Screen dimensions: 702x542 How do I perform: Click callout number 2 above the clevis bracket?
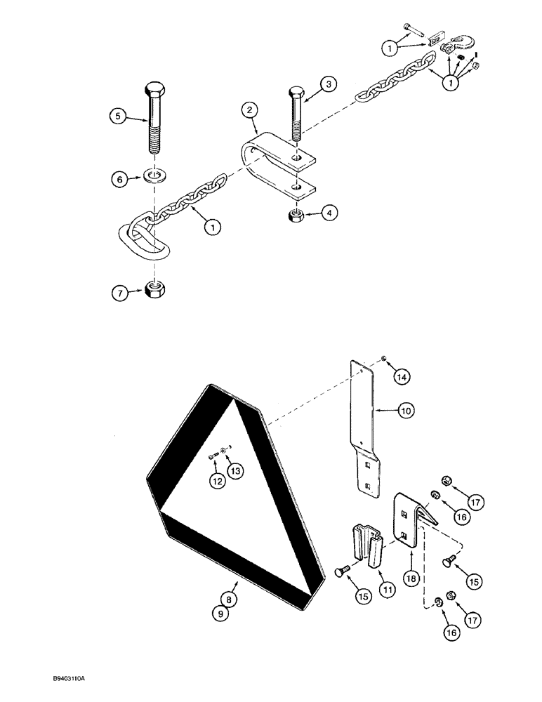point(248,110)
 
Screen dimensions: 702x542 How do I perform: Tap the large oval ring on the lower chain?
point(145,238)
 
